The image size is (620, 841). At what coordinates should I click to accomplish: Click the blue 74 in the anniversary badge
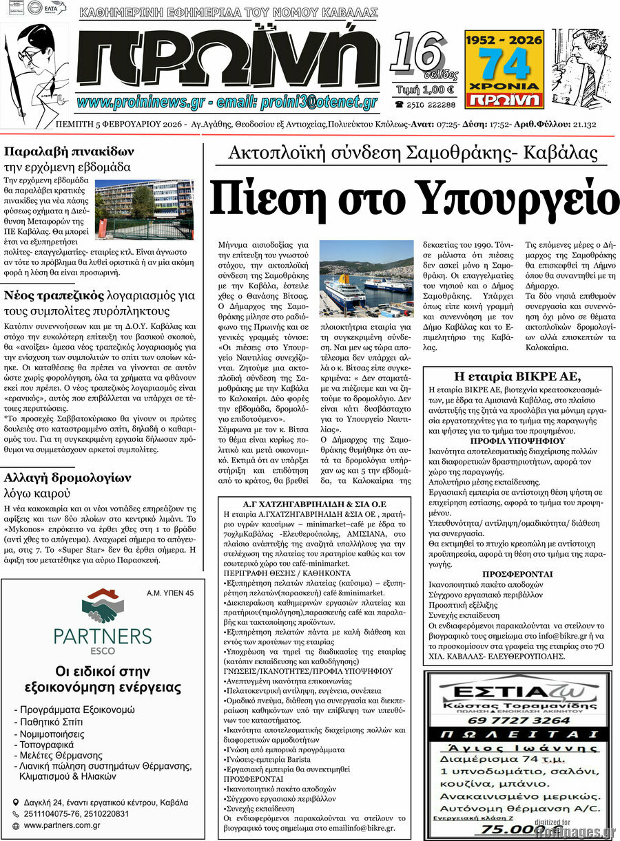[x=504, y=63]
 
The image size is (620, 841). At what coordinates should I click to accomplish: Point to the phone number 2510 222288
[x=425, y=104]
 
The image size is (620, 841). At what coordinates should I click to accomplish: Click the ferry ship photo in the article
[x=366, y=278]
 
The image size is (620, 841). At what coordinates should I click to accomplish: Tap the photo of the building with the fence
[x=144, y=209]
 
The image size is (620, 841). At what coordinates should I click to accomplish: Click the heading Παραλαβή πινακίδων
[x=69, y=151]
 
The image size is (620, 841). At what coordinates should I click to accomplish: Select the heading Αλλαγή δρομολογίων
[x=68, y=477]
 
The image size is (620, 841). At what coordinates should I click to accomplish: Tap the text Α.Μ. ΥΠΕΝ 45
[x=170, y=593]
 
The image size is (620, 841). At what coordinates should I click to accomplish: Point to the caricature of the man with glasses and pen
[x=34, y=65]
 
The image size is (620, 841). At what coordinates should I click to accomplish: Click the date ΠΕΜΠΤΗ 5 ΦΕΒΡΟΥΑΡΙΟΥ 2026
[x=119, y=125]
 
